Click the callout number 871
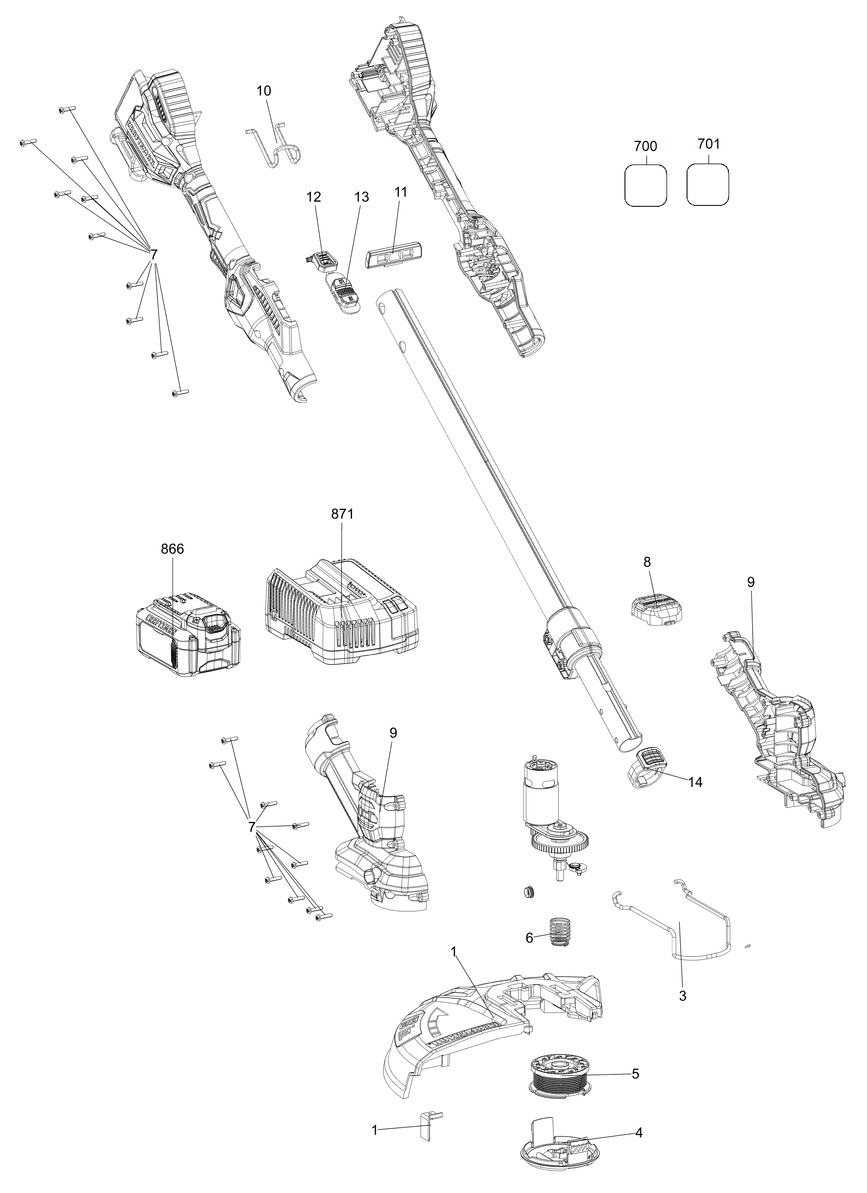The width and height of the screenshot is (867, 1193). click(x=342, y=514)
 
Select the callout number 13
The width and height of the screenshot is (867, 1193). click(x=362, y=197)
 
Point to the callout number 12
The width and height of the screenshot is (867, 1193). click(x=314, y=197)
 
